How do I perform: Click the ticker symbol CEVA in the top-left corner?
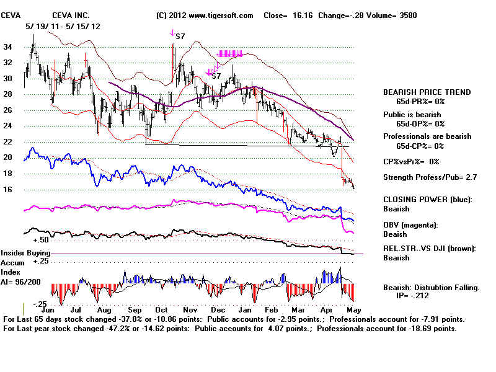(12, 15)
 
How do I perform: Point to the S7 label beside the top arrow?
(180, 37)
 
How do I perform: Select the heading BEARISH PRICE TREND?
(427, 92)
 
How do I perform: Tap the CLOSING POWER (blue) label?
(427, 200)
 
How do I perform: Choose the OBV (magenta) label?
(410, 224)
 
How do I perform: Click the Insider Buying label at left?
(25, 254)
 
